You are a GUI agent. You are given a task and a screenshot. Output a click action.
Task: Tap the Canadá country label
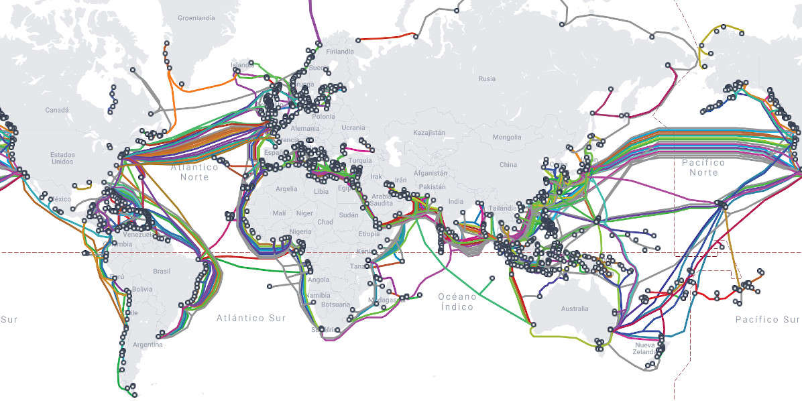click(56, 109)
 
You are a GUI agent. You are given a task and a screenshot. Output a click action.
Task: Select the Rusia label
click(487, 78)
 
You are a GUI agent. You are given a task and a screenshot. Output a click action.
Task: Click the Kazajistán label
click(429, 133)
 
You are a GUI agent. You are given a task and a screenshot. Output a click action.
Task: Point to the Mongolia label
click(506, 137)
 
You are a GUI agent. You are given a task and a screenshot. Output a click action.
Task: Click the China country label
click(508, 164)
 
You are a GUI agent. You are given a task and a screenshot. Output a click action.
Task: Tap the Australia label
click(574, 309)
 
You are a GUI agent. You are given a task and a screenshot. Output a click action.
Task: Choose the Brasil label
click(162, 272)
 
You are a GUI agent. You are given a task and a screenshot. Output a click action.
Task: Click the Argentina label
click(148, 345)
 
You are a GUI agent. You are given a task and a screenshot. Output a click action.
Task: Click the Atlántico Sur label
click(250, 318)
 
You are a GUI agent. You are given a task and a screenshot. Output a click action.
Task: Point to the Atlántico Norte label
click(194, 172)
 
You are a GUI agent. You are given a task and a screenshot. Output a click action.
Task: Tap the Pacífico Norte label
click(703, 167)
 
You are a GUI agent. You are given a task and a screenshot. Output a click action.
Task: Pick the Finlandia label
click(339, 52)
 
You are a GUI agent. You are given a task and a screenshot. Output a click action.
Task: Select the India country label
click(456, 201)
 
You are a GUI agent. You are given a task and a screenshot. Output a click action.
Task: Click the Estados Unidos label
click(62, 158)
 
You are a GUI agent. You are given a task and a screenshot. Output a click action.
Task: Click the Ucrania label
click(353, 127)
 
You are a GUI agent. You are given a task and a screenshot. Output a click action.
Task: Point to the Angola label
click(319, 279)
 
